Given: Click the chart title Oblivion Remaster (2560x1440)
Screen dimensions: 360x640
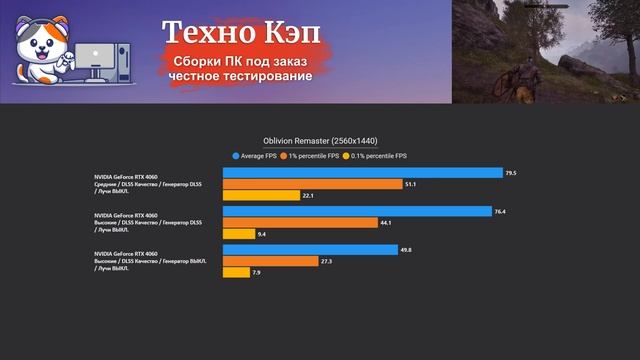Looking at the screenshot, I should (x=320, y=141).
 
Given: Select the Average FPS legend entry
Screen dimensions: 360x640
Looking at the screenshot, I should (x=262, y=156).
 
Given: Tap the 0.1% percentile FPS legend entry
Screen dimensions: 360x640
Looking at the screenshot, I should (x=375, y=156).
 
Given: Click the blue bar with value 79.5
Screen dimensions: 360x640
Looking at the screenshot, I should (x=362, y=173).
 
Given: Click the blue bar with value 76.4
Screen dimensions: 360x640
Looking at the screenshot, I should (x=357, y=211).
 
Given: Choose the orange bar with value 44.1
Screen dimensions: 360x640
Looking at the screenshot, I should (x=300, y=222).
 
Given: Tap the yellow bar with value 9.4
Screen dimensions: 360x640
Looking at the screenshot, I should (x=238, y=234).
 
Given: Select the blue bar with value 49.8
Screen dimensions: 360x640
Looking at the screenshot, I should (x=310, y=249).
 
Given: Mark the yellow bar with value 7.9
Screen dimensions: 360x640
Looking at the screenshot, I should (x=236, y=272).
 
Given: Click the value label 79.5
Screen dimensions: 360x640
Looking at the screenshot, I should (x=511, y=173).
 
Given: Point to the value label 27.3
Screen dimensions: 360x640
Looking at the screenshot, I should (x=326, y=261).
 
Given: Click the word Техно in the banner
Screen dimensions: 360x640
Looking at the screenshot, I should (x=206, y=34).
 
